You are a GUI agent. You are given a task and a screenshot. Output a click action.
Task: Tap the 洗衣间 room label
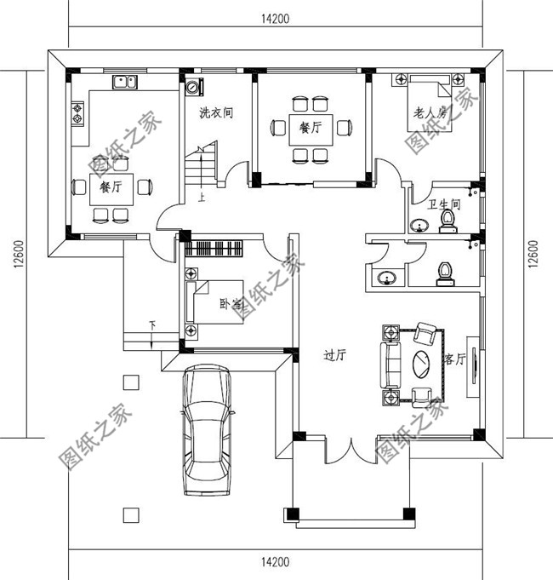click(x=216, y=112)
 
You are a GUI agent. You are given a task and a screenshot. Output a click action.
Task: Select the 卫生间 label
click(x=444, y=204)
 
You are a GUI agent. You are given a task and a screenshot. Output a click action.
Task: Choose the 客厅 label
click(x=454, y=360)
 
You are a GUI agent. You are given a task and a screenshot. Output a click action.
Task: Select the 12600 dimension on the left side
click(x=19, y=254)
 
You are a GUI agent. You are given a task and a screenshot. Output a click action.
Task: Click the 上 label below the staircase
click(x=201, y=198)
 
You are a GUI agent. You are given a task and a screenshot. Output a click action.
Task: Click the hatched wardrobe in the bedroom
click(x=214, y=249)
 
